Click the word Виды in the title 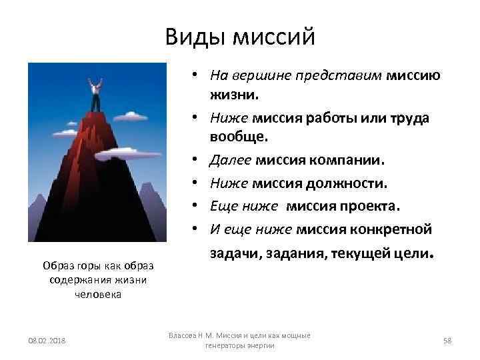click(x=194, y=37)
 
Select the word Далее click(x=228, y=161)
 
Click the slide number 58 click(x=447, y=341)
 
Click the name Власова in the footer click(x=183, y=335)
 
